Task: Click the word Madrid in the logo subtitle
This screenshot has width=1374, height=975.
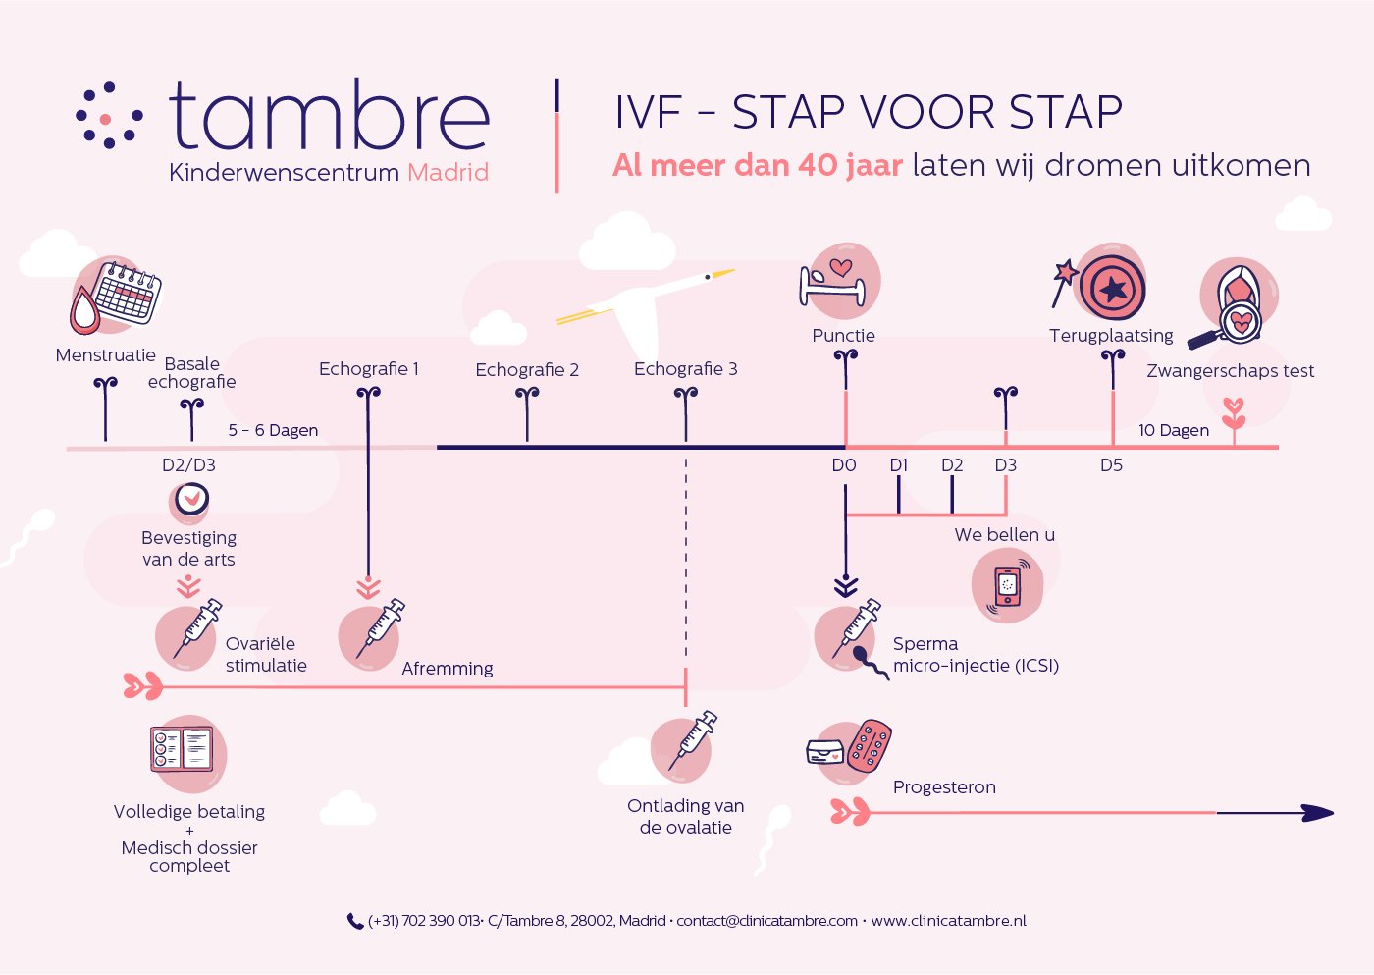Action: (448, 173)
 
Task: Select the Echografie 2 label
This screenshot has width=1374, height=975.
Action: (527, 370)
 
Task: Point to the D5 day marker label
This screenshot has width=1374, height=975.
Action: (1111, 465)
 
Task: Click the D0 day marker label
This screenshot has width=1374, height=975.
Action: (844, 465)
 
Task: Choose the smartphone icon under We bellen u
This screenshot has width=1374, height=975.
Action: (1008, 586)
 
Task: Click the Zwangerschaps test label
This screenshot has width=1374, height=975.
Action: (1230, 371)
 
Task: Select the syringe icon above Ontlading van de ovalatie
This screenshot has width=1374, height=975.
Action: (692, 741)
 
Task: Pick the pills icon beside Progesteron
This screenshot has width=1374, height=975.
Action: (869, 746)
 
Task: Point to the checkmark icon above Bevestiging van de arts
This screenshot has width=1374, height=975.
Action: (192, 500)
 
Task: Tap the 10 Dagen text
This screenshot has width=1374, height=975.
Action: (1173, 430)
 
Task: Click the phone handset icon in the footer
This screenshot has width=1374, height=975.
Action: (355, 921)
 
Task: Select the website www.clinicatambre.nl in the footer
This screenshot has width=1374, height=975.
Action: (948, 921)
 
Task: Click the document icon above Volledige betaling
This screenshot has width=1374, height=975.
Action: (182, 748)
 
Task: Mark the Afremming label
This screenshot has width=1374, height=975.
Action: (448, 669)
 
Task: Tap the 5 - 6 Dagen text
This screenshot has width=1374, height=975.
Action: (273, 430)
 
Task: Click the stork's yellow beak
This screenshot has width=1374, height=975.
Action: (722, 273)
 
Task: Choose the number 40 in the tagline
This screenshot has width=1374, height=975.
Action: (818, 165)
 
